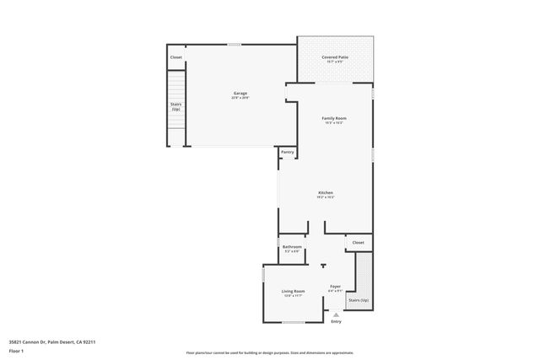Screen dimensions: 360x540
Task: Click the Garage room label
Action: point(240,93)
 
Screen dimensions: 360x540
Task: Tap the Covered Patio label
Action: point(334,57)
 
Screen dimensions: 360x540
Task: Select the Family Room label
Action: point(334,118)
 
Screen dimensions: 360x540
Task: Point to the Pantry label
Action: point(288,152)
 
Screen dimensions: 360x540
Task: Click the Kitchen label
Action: point(325,193)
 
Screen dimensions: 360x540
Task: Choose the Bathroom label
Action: point(293,247)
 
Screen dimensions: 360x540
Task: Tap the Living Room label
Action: point(293,291)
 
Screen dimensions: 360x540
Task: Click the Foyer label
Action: point(335,287)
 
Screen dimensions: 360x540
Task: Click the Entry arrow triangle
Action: point(336,314)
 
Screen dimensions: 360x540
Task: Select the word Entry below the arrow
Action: point(336,321)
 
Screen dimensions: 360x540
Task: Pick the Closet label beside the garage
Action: point(175,57)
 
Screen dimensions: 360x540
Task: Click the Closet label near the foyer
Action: point(359,242)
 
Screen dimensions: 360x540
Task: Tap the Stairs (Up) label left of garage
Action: point(175,106)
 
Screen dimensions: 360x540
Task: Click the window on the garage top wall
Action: point(234,45)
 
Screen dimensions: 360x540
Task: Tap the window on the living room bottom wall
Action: point(293,322)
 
